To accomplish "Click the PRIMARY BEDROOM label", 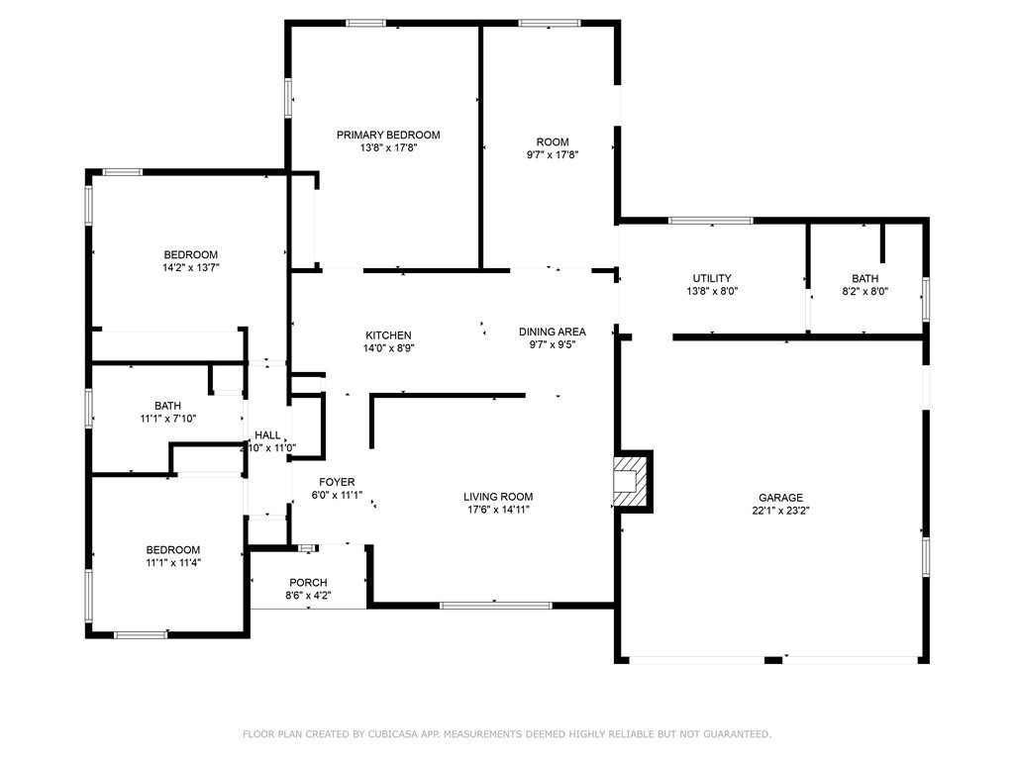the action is pyautogui.click(x=388, y=135).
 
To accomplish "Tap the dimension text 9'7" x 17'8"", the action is pyautogui.click(x=553, y=155).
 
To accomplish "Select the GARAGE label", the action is pyautogui.click(x=780, y=498).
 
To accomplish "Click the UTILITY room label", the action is pyautogui.click(x=712, y=278).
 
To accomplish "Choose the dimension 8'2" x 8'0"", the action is pyautogui.click(x=864, y=292).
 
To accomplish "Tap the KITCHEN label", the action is pyautogui.click(x=388, y=335).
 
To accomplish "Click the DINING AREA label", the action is pyautogui.click(x=553, y=332).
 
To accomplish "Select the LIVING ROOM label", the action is pyautogui.click(x=498, y=497).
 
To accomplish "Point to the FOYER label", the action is pyautogui.click(x=337, y=482).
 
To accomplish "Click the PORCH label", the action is pyautogui.click(x=308, y=583).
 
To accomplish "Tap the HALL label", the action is pyautogui.click(x=267, y=435).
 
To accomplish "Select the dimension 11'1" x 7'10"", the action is pyautogui.click(x=168, y=419).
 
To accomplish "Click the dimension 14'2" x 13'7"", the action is pyautogui.click(x=191, y=267).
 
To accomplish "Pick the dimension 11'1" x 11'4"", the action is pyautogui.click(x=172, y=563).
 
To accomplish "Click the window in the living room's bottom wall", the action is pyautogui.click(x=495, y=606).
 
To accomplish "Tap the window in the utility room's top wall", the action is pyautogui.click(x=711, y=221).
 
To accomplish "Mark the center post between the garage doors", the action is pyautogui.click(x=773, y=660).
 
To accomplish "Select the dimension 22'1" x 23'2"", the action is pyautogui.click(x=780, y=511).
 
